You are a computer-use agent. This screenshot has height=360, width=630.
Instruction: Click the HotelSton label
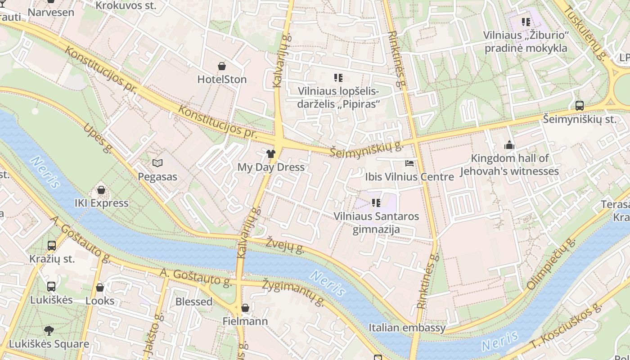coord(222,80)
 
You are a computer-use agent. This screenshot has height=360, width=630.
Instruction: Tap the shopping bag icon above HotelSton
coord(222,66)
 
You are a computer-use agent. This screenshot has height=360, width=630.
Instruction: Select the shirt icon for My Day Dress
coord(270,154)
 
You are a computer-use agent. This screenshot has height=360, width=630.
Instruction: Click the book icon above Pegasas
coord(157,163)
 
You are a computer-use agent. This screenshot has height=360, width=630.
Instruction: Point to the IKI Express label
coord(101,203)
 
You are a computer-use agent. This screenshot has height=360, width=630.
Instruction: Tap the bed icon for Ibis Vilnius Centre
coord(409,163)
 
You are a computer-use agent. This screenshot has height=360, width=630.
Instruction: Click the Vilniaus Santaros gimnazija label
coord(376,223)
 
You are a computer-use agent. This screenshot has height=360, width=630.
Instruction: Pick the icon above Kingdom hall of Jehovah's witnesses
coord(509,145)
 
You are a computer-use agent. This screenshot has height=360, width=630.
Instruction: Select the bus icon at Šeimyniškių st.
coord(579,106)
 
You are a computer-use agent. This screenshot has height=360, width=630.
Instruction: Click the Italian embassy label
coord(407,328)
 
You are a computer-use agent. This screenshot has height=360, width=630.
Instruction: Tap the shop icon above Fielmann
coord(245,308)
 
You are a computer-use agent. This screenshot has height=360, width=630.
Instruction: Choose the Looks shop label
coord(100,301)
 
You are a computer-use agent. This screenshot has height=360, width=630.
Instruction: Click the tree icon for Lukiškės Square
coord(49,331)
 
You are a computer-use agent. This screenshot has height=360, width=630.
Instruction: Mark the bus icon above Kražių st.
coord(52,246)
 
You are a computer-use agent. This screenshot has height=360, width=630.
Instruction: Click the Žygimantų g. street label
coord(293,292)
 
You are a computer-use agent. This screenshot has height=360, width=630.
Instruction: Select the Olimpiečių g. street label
coord(551,264)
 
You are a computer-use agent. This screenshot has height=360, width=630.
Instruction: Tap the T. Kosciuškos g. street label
coord(566,327)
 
